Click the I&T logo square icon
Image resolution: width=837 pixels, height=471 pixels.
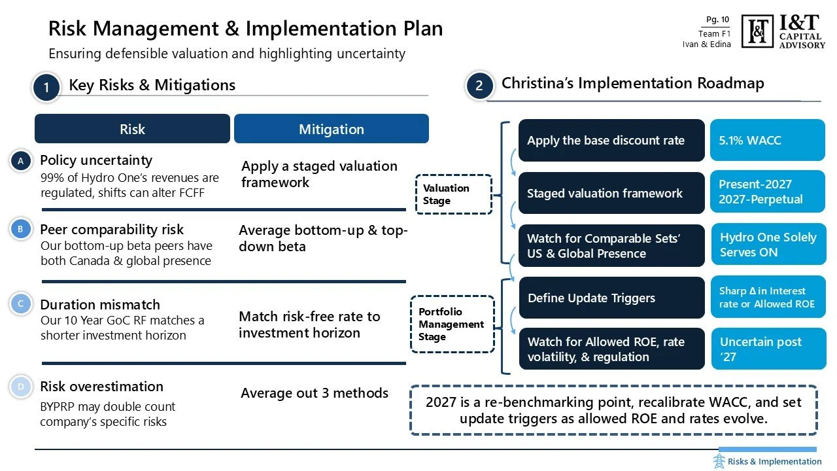coord(757,31)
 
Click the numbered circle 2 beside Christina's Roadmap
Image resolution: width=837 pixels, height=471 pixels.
coord(479,86)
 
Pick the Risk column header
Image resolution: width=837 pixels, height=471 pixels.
coord(132,129)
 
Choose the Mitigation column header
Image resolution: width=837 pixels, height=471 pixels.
coord(331,129)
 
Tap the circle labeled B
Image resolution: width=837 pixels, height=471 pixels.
coord(21,230)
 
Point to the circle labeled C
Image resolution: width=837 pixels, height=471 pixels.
coord(21,304)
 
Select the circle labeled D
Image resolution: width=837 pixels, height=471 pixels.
coord(21,387)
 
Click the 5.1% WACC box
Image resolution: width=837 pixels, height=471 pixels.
coord(767,140)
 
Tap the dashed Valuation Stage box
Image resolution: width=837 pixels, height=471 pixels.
coord(453,194)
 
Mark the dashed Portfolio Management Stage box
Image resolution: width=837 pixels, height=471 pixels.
coord(452,324)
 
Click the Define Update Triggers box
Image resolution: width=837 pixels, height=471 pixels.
coord(611,298)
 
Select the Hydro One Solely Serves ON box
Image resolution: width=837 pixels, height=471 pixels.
coord(768,245)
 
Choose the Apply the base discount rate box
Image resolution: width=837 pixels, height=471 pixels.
coord(611,140)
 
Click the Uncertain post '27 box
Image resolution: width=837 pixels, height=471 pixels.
coord(768,349)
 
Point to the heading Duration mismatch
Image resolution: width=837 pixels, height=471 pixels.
coord(100,305)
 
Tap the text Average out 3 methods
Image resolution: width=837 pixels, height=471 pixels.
coord(315,393)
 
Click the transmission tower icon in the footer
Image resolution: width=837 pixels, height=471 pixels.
coord(719,461)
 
